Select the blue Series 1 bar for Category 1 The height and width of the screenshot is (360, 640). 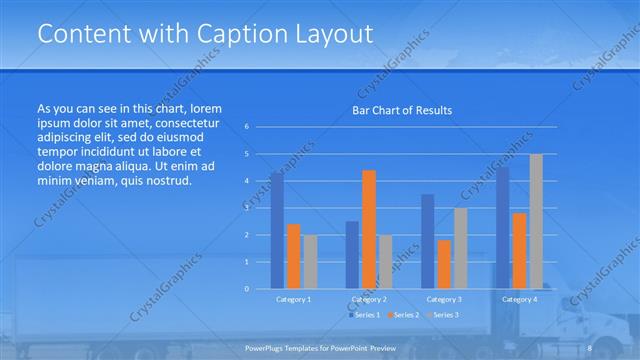point(277,230)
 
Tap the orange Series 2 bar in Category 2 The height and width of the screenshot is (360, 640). point(369,229)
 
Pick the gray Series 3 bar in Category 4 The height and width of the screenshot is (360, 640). point(536,221)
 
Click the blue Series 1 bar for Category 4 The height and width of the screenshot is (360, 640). point(502,228)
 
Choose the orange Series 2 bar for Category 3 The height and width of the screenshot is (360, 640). point(444,264)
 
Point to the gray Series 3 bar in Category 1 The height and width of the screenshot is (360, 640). point(310,262)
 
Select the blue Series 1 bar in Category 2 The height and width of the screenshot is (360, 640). point(352,255)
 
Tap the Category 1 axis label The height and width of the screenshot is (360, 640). point(293,299)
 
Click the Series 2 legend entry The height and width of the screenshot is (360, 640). point(404,315)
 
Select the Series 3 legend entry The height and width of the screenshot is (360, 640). point(444,315)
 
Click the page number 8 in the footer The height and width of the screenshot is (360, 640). point(590,347)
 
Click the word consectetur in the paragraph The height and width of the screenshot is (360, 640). point(187,120)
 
